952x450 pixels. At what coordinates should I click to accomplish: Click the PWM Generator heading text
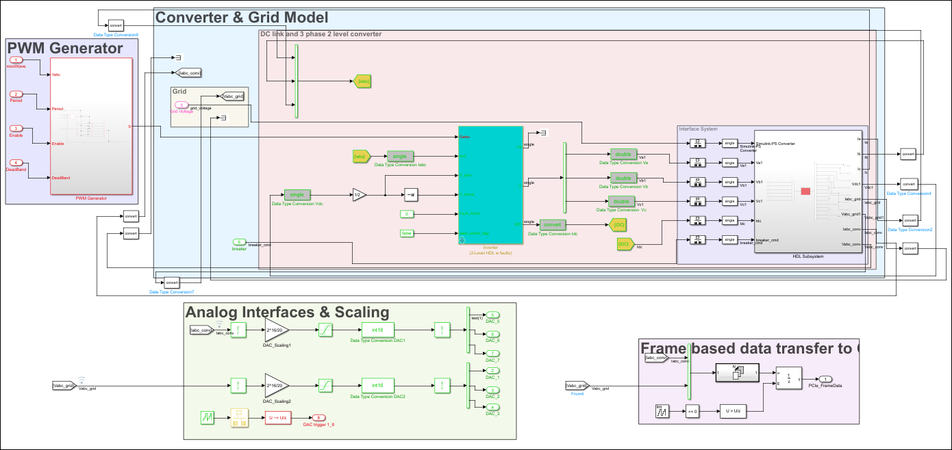tap(64, 48)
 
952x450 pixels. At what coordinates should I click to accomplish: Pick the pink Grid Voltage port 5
tap(181, 105)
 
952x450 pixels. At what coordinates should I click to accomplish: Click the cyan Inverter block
tap(490, 185)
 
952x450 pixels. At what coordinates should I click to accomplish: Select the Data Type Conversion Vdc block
tap(297, 195)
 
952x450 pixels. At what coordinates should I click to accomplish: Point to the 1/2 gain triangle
tap(359, 195)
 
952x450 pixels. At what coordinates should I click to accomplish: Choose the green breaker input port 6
tap(239, 242)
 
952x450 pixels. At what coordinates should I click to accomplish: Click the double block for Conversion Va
tap(623, 155)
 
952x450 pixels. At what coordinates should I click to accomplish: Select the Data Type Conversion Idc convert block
tap(552, 224)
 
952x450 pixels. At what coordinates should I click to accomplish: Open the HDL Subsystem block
tap(807, 191)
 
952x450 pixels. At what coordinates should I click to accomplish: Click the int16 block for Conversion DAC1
tap(378, 330)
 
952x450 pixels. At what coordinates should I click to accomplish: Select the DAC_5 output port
tap(492, 315)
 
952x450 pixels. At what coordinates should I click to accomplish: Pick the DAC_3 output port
tap(492, 408)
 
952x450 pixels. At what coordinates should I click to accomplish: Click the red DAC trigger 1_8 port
tap(317, 417)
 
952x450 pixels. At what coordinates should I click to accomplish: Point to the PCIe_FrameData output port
tap(827, 380)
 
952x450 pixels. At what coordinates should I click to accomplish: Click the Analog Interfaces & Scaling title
tap(287, 312)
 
